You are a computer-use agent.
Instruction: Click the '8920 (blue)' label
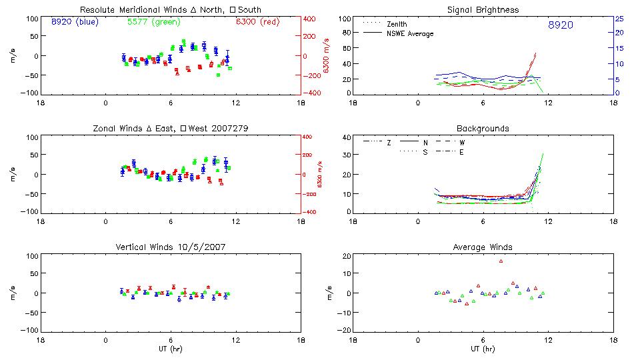tap(74, 21)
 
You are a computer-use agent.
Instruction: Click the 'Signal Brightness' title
tap(483, 10)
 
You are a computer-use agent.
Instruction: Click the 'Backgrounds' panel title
tap(483, 128)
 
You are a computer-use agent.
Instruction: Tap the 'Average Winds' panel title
tap(483, 247)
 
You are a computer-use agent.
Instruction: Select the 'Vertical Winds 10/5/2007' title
tap(170, 247)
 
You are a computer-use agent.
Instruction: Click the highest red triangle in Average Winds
tap(501, 261)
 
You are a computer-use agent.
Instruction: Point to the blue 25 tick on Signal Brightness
tap(619, 19)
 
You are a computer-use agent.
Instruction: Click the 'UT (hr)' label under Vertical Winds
tap(170, 348)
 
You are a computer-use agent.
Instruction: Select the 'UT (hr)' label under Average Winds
tap(483, 348)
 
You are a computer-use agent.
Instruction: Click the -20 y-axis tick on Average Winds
tap(345, 330)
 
